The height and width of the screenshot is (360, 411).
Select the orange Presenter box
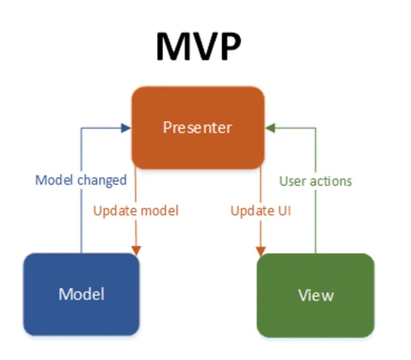pos(198,127)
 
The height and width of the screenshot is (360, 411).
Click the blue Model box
pos(81,294)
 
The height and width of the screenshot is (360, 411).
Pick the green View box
pos(315,295)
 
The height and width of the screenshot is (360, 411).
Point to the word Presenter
pos(198,128)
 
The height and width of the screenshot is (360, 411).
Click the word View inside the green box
pos(315,295)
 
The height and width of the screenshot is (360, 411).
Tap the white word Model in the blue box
pos(81,293)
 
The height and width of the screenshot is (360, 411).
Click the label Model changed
pos(81,180)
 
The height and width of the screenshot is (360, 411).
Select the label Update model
pos(136,211)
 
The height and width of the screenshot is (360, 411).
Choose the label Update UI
pos(261,211)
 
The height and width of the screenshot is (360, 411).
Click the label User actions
pos(315,181)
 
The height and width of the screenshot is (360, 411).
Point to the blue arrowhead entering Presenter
pos(126,127)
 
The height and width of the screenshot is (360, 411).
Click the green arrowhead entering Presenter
pos(270,127)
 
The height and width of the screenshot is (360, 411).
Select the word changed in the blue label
pos(102,180)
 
